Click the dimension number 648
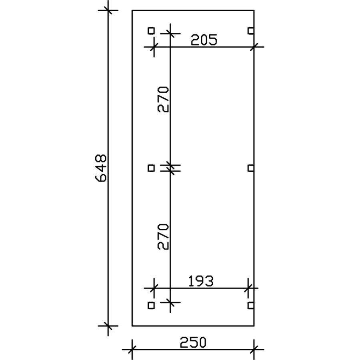(x=101, y=168)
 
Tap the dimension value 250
(x=193, y=342)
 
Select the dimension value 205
(x=204, y=40)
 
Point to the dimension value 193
(x=201, y=281)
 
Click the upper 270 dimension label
(x=163, y=99)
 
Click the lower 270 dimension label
(x=163, y=237)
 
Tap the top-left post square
(x=151, y=30)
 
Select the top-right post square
(x=251, y=30)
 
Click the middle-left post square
(x=151, y=168)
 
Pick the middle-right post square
(x=251, y=168)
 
